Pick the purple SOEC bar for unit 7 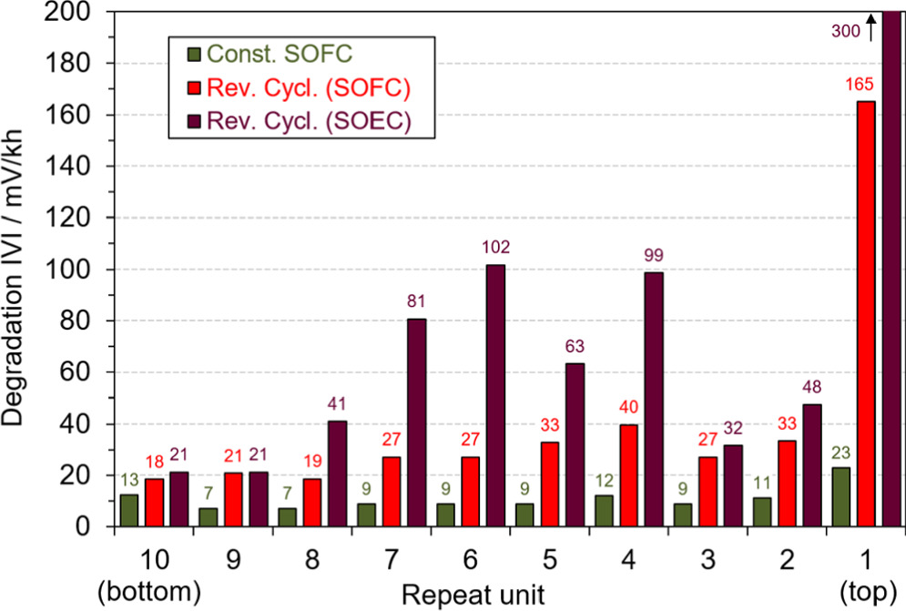point(416,423)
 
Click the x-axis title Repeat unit point(473,595)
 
